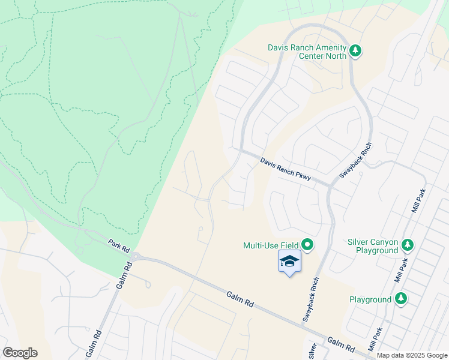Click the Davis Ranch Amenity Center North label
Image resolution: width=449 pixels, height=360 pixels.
click(307, 52)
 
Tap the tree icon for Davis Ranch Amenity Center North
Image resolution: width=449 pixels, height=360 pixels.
click(355, 51)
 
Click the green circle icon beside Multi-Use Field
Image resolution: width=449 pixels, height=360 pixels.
click(307, 244)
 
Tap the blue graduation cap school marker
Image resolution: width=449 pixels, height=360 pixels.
click(289, 262)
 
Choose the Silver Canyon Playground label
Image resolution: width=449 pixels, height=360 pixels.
click(373, 246)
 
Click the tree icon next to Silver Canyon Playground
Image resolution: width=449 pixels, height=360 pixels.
click(408, 244)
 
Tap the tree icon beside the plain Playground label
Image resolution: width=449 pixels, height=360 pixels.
click(401, 298)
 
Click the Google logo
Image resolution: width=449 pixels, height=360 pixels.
click(20, 353)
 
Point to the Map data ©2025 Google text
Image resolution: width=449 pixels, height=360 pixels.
click(411, 355)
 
